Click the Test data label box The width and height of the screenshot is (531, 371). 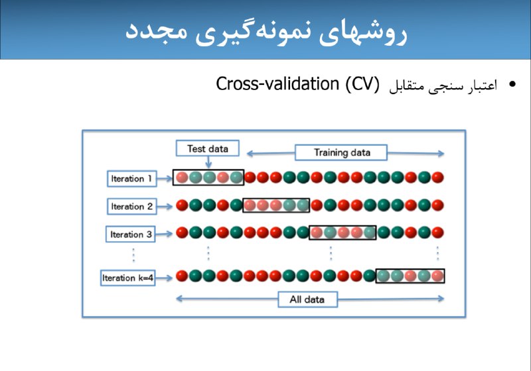208,148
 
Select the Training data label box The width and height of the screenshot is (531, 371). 341,152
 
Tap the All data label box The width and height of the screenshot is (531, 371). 307,299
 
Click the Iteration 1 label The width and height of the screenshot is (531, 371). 131,179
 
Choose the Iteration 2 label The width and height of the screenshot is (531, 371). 131,207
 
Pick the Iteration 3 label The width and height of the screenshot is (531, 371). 131,234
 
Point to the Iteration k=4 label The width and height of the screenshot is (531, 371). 127,278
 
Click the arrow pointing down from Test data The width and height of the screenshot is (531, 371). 208,162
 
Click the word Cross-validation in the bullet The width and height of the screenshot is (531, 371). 277,83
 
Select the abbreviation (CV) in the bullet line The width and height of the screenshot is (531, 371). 362,84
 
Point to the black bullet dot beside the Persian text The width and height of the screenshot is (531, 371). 512,84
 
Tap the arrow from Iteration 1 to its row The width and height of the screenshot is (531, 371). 165,179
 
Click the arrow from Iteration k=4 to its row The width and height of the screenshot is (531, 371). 164,278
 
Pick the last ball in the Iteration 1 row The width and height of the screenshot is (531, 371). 437,178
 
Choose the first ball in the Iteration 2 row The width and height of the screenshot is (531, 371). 182,205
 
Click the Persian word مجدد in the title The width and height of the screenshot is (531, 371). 156,31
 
